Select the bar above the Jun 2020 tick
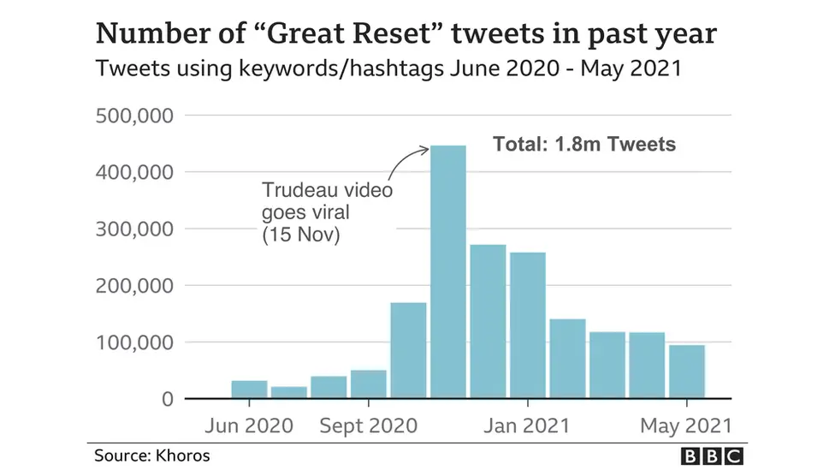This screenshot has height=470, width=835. click(x=249, y=390)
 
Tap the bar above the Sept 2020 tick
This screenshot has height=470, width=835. click(x=368, y=384)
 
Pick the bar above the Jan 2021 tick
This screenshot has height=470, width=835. click(x=527, y=325)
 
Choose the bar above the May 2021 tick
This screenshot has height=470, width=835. click(x=687, y=372)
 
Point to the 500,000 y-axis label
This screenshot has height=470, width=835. click(x=135, y=116)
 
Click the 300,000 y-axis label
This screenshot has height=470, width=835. click(x=135, y=229)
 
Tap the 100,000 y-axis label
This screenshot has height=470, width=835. click(x=135, y=342)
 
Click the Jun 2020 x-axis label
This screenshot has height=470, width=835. click(x=249, y=425)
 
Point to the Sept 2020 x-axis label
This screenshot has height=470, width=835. click(x=368, y=425)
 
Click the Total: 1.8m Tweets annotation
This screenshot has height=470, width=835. click(x=583, y=144)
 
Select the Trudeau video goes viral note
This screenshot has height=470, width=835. click(x=327, y=212)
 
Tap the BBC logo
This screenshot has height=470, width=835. click(x=712, y=456)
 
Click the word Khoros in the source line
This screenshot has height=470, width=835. click(x=183, y=455)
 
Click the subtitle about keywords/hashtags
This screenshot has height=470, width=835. click(x=388, y=68)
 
